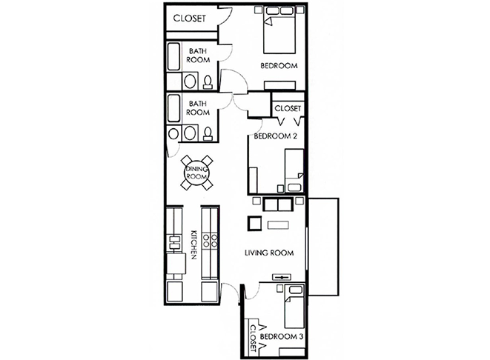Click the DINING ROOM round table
tap(196, 173)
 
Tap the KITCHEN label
tap(193, 245)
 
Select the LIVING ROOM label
tap(269, 253)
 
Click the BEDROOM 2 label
tap(275, 136)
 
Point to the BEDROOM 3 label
tap(282, 336)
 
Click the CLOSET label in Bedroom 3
tap(254, 338)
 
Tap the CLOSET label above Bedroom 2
tap(288, 108)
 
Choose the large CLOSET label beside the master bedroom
tap(189, 18)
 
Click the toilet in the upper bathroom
tap(208, 82)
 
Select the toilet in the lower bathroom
tap(208, 134)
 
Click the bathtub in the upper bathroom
tap(173, 56)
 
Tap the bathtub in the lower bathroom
tap(173, 108)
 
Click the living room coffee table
tap(278, 225)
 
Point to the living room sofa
tap(278, 204)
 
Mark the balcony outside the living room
tap(323, 247)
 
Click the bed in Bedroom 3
tap(294, 307)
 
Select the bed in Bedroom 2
tap(294, 170)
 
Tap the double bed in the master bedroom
tap(279, 30)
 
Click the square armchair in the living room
tap(255, 223)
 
